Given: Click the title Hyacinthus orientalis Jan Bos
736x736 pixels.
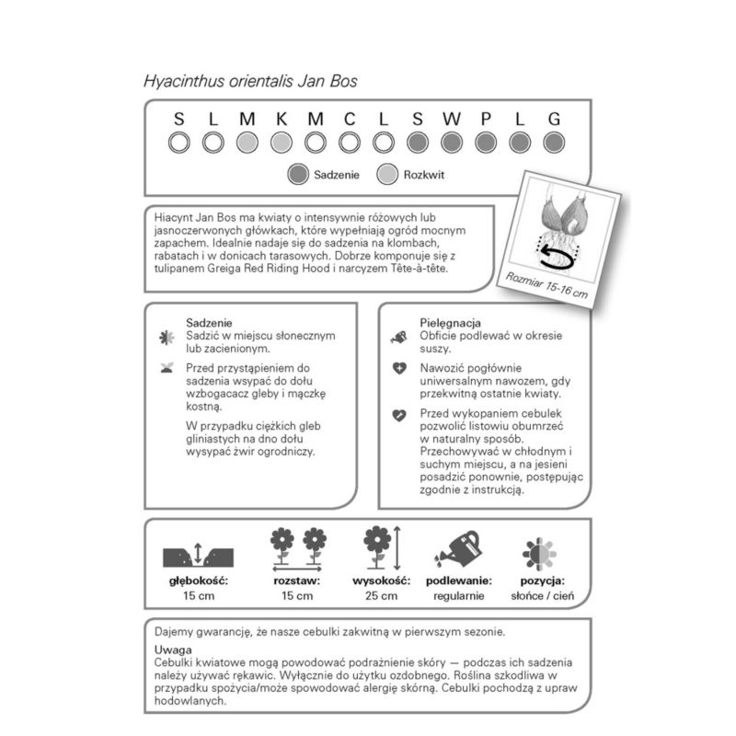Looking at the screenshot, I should (x=250, y=80).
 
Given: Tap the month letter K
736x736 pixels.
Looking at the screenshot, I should (x=282, y=119).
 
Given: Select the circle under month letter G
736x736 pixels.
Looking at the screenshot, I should (x=553, y=143).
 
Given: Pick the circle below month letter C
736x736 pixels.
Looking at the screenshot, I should (x=350, y=143).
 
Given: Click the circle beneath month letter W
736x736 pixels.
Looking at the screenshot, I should (x=452, y=143).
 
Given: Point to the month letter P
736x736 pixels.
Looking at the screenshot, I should (x=486, y=119).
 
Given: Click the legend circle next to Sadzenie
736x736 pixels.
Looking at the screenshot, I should (x=297, y=174).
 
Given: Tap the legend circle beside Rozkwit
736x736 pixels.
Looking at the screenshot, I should (x=387, y=174).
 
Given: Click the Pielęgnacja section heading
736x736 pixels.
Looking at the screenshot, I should (x=451, y=324).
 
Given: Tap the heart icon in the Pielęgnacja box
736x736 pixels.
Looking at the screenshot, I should (x=398, y=415).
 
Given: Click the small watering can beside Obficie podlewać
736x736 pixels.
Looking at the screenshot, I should (x=398, y=338).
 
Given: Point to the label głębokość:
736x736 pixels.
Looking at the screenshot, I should (x=198, y=581).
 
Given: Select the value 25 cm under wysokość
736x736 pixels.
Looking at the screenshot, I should (x=375, y=596).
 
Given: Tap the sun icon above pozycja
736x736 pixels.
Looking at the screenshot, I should (x=540, y=552).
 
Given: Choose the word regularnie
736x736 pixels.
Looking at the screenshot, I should (x=459, y=596).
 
